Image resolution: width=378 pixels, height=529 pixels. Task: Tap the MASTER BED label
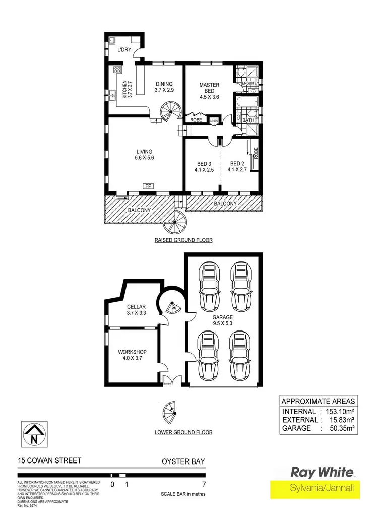208,88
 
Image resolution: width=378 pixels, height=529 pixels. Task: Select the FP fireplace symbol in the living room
148,186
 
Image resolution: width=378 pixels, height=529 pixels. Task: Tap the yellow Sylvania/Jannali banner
315,489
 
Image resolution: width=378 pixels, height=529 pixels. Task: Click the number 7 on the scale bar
204,484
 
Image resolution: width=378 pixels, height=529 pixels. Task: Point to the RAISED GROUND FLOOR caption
183,240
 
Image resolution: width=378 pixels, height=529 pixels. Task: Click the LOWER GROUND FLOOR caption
183,432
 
